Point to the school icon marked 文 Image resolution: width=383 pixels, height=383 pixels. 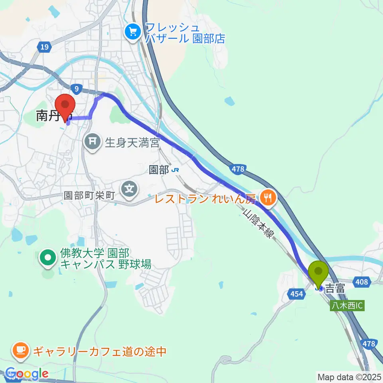(x=130, y=186)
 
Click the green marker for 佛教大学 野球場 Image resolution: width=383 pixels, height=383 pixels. (x=48, y=258)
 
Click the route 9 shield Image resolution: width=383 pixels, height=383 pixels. (x=75, y=87)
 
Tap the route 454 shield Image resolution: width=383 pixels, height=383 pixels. (x=296, y=294)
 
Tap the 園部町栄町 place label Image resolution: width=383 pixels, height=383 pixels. (x=89, y=195)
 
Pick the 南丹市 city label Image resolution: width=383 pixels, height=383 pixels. (x=52, y=116)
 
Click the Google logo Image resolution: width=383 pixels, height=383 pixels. (x=26, y=373)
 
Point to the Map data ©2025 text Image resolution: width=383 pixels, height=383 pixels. (x=348, y=377)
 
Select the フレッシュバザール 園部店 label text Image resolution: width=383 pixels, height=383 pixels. (x=185, y=33)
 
